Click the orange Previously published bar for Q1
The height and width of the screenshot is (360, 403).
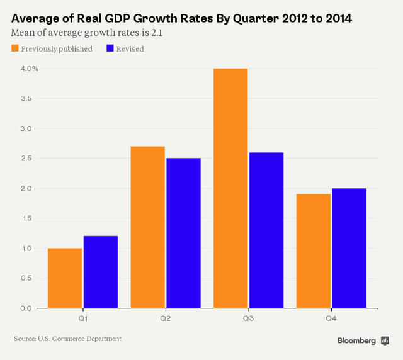point(65,278)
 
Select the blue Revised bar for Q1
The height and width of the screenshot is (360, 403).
point(101,272)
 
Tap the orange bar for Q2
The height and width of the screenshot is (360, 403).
point(147,227)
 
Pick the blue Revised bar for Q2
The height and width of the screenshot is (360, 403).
point(183,233)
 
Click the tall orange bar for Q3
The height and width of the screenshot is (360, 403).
point(230,188)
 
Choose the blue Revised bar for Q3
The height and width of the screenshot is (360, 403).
point(266,230)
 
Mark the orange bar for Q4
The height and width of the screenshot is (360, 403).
point(313,251)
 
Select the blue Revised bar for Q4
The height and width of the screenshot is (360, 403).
point(349,248)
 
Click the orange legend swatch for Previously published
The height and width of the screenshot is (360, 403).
point(14,48)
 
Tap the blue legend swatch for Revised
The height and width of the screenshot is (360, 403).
point(110,48)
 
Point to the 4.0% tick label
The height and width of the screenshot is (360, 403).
point(29,69)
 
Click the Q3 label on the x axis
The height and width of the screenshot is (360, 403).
point(248,319)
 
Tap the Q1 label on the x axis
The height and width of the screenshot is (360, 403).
point(82,319)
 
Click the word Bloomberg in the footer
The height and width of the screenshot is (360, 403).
point(356,340)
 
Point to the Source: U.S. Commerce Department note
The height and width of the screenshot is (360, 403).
point(67,339)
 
